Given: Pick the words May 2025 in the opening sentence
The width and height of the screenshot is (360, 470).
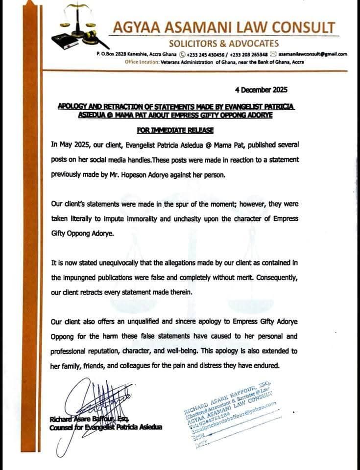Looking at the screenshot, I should click(x=73, y=146).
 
